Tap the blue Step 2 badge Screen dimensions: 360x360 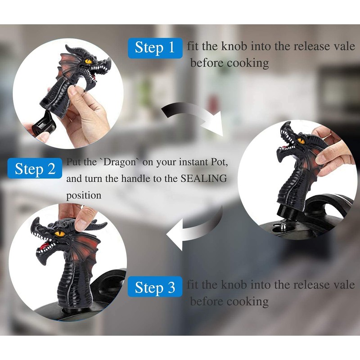(x=35, y=169)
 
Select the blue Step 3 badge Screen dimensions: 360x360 (x=155, y=287)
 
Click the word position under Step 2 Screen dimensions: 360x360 (x=84, y=196)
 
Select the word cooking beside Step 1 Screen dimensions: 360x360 (x=247, y=63)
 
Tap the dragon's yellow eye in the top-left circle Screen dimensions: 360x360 (x=88, y=61)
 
